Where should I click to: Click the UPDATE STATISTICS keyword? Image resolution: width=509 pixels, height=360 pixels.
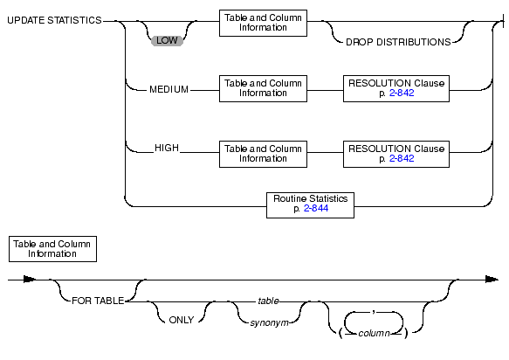point(54,20)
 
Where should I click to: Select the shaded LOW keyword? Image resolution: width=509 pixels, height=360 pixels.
point(167,40)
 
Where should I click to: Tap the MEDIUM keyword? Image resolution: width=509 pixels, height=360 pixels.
point(169,89)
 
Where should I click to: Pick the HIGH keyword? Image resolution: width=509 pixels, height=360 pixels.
point(167,148)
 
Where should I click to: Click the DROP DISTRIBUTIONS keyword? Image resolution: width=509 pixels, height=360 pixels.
point(398,42)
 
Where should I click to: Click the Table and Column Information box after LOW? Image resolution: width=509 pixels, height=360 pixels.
point(263,23)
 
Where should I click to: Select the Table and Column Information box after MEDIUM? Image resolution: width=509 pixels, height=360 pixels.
point(263,89)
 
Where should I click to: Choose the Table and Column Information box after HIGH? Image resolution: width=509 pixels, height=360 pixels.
point(263,154)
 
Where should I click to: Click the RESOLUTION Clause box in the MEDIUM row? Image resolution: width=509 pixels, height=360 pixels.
point(396,89)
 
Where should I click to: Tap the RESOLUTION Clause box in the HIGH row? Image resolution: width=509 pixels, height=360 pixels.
point(396,154)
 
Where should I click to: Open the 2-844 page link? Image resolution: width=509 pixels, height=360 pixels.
point(316,208)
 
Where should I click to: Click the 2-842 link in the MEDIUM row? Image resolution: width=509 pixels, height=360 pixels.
point(402,93)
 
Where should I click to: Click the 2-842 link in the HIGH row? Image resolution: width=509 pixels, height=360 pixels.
point(402,158)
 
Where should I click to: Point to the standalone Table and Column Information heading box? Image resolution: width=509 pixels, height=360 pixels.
point(52,249)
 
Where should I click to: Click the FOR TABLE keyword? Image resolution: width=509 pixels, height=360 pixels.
point(98,301)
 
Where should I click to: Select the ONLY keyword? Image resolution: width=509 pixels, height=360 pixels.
point(181,320)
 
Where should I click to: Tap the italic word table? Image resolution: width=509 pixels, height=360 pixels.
point(268,301)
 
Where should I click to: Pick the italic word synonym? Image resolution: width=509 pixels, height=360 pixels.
point(269,323)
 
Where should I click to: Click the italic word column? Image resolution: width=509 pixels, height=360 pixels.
point(374,334)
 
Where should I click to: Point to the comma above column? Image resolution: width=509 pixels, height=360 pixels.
point(374,313)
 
